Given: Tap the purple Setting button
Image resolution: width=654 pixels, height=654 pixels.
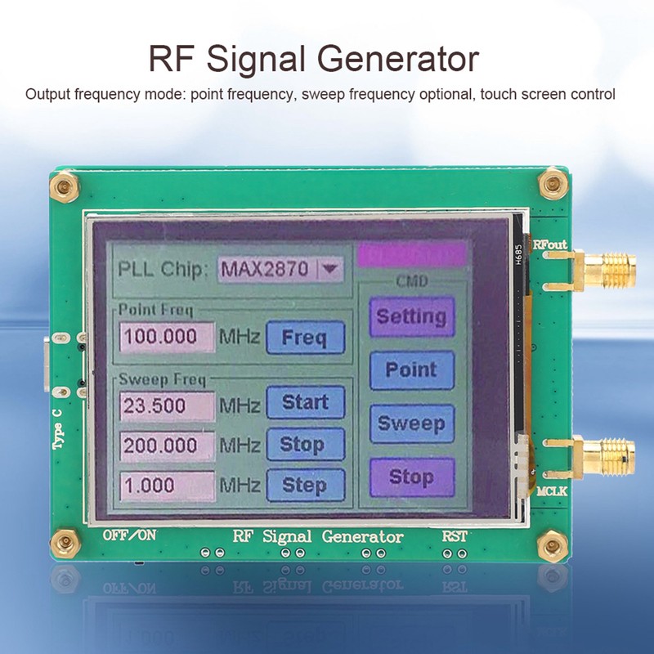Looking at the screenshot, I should click(x=411, y=316).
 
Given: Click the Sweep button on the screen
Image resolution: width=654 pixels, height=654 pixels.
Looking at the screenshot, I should click(x=411, y=423).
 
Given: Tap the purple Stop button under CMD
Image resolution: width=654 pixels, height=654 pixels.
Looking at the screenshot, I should click(x=411, y=476).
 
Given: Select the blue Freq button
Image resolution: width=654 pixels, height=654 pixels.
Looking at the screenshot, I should click(x=304, y=337).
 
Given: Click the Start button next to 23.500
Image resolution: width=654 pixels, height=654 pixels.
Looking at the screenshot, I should click(x=305, y=403).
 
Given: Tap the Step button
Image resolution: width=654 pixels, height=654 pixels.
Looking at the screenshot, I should click(x=305, y=484).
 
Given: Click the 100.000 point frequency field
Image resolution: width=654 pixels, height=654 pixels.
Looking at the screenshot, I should click(x=167, y=336).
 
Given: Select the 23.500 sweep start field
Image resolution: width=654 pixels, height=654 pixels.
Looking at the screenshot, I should click(x=167, y=405).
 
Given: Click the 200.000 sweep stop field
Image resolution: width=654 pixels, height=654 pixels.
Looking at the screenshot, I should click(x=167, y=446).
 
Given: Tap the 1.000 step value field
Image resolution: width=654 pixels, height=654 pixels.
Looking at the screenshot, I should click(x=167, y=484).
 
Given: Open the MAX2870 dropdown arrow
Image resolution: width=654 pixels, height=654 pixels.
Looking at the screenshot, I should click(x=330, y=267).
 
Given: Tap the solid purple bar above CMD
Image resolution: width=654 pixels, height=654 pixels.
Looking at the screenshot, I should click(x=412, y=254).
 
